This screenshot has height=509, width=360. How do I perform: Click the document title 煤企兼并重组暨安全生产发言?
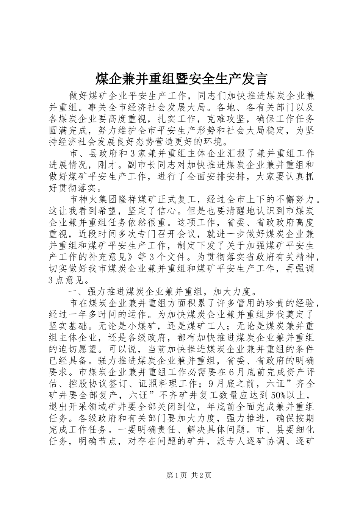pyautogui.click(x=180, y=79)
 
